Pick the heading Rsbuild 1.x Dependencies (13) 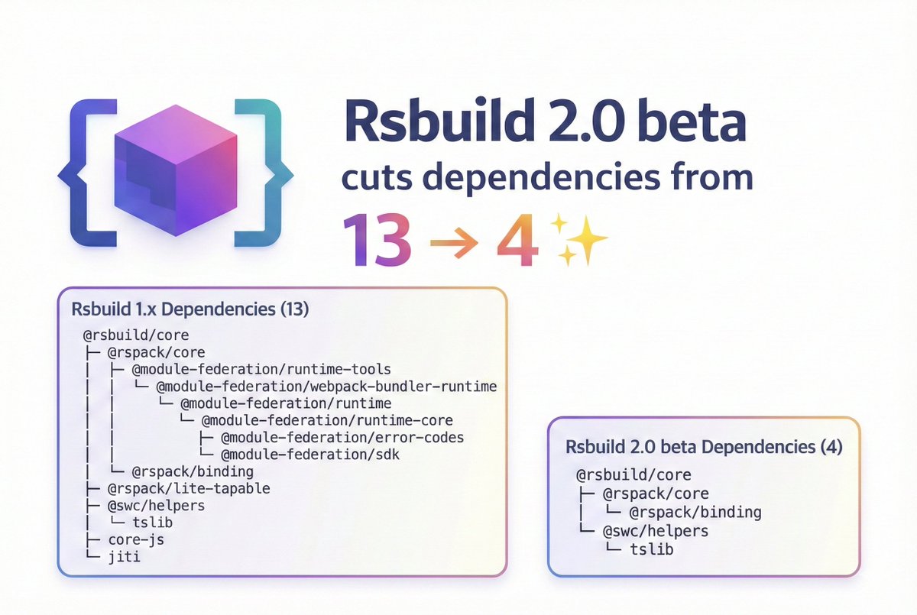click(191, 310)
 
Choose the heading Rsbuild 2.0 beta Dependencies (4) click(703, 447)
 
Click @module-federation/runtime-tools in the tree click(261, 370)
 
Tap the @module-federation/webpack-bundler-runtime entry click(326, 387)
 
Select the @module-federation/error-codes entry click(342, 438)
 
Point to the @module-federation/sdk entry click(310, 455)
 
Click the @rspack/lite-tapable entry click(189, 488)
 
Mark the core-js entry click(136, 539)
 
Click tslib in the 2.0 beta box click(652, 549)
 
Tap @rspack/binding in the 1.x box click(193, 471)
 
